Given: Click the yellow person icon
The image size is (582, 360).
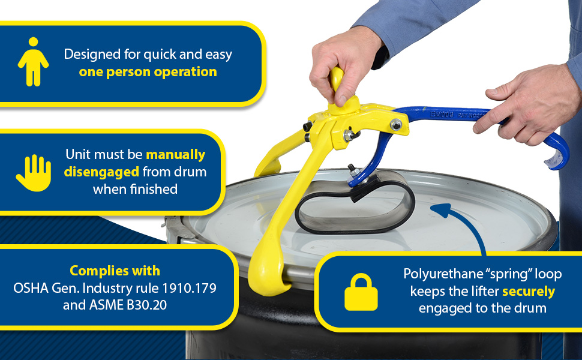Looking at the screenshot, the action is (x=33, y=62).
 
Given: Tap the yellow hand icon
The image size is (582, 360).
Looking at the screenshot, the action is (x=34, y=173).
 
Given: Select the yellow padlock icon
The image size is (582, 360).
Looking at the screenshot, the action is (x=361, y=292).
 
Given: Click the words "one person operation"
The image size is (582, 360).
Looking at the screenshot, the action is (x=148, y=71).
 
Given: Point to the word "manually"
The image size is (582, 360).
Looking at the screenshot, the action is (x=176, y=154).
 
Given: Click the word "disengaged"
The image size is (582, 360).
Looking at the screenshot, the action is (x=101, y=172).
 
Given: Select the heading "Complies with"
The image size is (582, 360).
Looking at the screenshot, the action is (x=115, y=271).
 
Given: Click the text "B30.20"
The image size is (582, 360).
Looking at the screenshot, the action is (x=146, y=305).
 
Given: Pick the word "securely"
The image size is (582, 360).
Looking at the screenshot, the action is (x=529, y=292).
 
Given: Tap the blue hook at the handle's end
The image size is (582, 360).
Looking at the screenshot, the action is (x=557, y=152).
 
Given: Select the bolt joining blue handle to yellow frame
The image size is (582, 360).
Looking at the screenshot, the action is (x=396, y=124).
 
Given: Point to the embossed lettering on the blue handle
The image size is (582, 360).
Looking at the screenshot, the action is (x=456, y=115).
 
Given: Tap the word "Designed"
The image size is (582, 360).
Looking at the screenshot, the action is (x=92, y=55).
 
